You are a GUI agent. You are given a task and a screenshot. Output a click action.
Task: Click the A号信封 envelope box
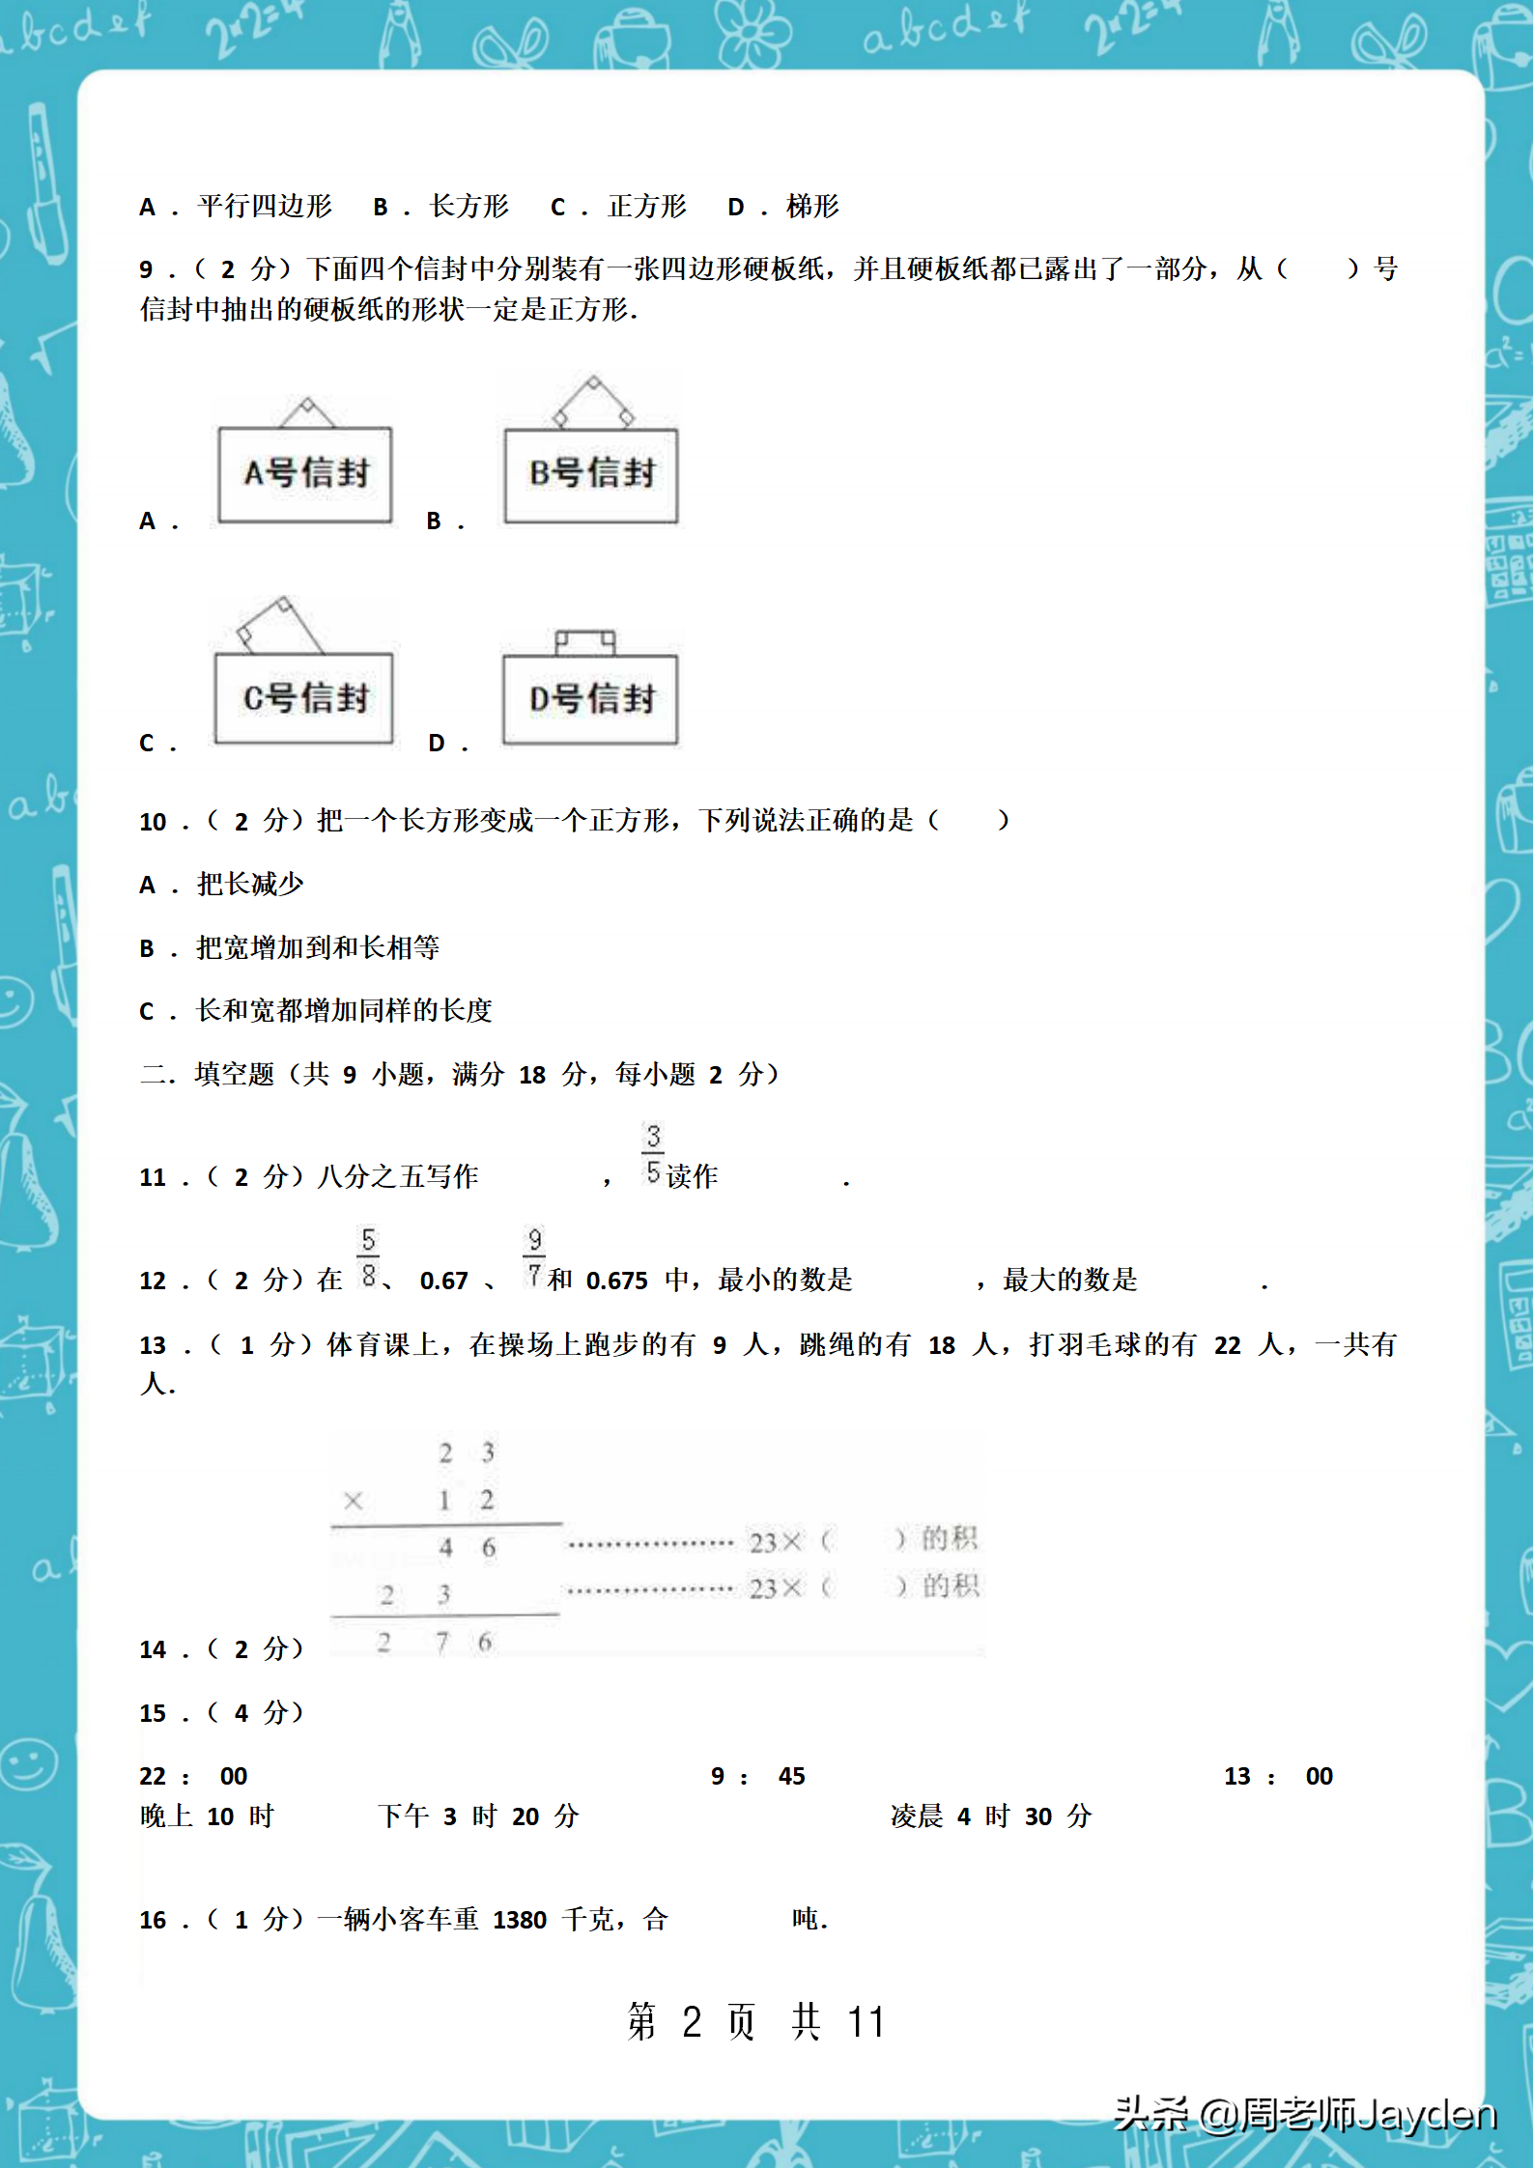coord(305,474)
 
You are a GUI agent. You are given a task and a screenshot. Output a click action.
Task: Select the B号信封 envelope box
coord(591,474)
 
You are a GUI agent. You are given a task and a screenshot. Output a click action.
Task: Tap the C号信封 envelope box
coord(304,698)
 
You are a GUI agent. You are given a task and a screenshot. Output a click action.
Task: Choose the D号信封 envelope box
coord(590,699)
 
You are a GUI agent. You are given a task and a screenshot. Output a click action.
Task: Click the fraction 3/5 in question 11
coord(653,1155)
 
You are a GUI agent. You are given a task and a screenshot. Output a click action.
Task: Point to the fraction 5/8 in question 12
coord(368,1257)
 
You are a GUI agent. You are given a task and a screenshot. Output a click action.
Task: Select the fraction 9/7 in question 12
coord(534,1257)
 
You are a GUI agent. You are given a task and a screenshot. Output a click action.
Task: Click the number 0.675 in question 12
coord(617,1281)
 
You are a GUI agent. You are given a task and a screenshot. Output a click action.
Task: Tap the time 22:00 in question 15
coord(193,1776)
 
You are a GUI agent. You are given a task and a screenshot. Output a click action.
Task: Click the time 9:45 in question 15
coord(758,1776)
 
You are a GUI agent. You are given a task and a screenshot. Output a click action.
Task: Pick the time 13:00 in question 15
coord(1278,1776)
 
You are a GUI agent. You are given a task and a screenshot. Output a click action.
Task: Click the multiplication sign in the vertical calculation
coord(354,1501)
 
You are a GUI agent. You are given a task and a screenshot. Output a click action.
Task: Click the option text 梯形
coord(812,207)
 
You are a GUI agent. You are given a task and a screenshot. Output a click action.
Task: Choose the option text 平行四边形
coord(265,207)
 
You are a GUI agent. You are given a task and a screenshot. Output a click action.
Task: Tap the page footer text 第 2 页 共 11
coord(755,2021)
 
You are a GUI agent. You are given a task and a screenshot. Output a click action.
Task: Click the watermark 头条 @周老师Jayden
coord(1304,2115)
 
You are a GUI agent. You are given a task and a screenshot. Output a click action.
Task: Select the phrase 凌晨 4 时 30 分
coord(991,1816)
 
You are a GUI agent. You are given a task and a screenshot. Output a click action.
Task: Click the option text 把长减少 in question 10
coord(250,885)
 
